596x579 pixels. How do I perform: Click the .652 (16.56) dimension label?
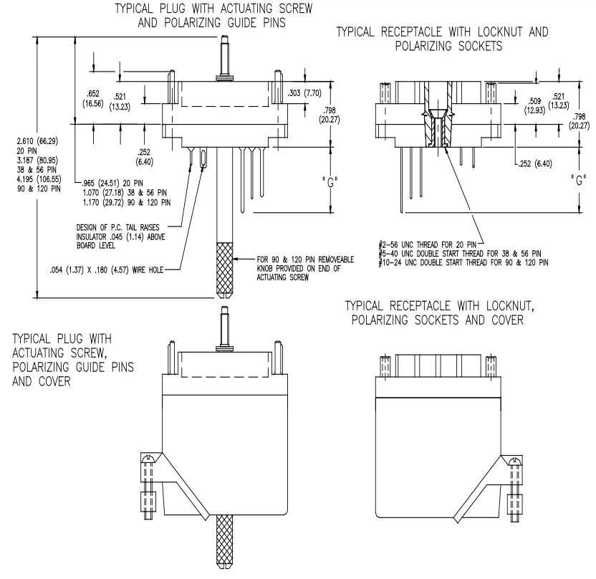(x=92, y=98)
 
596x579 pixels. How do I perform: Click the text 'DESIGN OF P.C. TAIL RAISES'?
(x=120, y=226)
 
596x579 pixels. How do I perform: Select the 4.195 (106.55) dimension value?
(x=39, y=178)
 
